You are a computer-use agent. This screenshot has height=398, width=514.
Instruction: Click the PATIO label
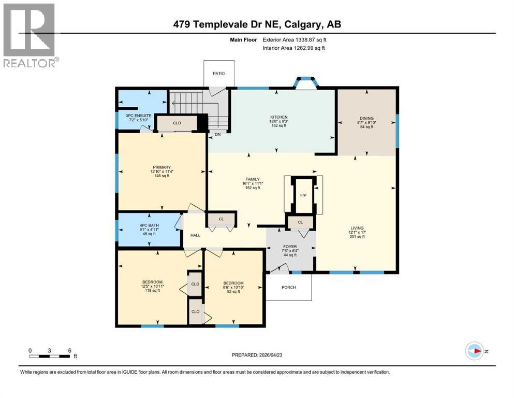click(219, 74)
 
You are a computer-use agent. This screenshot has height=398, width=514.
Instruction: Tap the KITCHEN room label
click(278, 117)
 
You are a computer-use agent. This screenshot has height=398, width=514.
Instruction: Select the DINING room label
click(367, 118)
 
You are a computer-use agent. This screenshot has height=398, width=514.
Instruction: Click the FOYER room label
click(289, 247)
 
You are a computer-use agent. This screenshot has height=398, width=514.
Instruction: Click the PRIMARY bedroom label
click(161, 167)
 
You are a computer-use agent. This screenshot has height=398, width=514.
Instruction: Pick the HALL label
click(195, 235)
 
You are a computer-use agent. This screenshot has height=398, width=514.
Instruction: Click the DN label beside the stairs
click(217, 135)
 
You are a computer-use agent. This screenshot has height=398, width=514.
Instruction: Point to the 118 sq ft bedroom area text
click(151, 291)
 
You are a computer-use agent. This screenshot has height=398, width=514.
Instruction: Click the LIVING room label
click(357, 228)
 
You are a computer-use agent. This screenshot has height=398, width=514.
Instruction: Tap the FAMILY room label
click(252, 179)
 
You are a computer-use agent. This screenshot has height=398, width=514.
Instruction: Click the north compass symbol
click(475, 351)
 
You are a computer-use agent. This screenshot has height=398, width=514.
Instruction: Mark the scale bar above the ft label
click(50, 356)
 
